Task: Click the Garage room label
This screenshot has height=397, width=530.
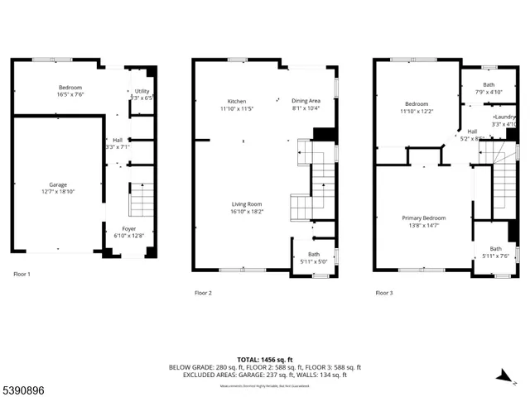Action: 57,184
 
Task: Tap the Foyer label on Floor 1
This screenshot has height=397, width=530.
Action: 129,229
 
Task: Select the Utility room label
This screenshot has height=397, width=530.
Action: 142,91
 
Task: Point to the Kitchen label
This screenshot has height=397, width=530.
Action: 237,101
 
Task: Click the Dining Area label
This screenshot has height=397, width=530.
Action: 306,101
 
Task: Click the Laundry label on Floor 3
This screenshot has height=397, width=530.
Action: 504,117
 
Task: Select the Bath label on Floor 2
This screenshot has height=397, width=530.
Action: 314,254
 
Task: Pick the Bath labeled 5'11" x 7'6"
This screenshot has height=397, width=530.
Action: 495,248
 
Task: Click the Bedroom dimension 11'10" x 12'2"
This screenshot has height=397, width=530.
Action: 416,111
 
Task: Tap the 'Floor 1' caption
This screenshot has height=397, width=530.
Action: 22,273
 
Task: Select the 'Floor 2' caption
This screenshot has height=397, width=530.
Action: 203,292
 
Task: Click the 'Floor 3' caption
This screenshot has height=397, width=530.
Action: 383,292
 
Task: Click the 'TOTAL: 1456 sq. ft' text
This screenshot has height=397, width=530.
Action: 265,359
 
